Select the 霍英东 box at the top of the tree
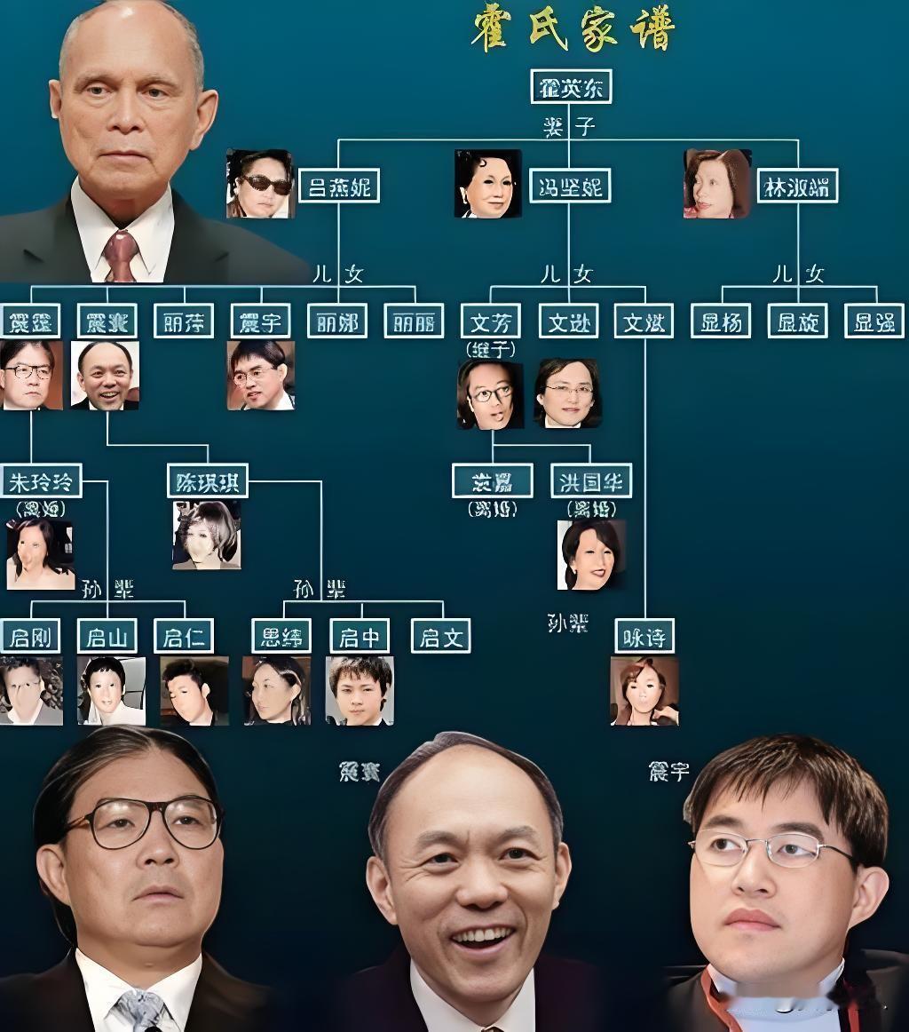pyautogui.click(x=571, y=86)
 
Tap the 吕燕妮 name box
pyautogui.click(x=339, y=187)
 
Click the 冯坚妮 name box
pyautogui.click(x=570, y=187)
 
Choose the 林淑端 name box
pyautogui.click(x=798, y=187)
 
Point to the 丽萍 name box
pyautogui.click(x=184, y=321)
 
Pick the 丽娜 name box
pyautogui.click(x=337, y=321)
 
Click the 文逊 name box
pyautogui.click(x=568, y=321)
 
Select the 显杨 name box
pyautogui.click(x=721, y=321)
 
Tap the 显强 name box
pyautogui.click(x=873, y=321)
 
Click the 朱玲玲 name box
pyautogui.click(x=42, y=480)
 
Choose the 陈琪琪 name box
pyautogui.click(x=207, y=480)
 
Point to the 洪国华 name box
pyautogui.click(x=591, y=480)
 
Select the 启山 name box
pyautogui.click(x=107, y=636)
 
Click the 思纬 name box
pyautogui.click(x=281, y=636)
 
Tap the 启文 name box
pyautogui.click(x=440, y=636)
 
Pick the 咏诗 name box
pyautogui.click(x=644, y=636)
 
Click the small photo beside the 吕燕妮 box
pyautogui.click(x=259, y=184)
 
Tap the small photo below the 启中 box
pyautogui.click(x=360, y=690)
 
